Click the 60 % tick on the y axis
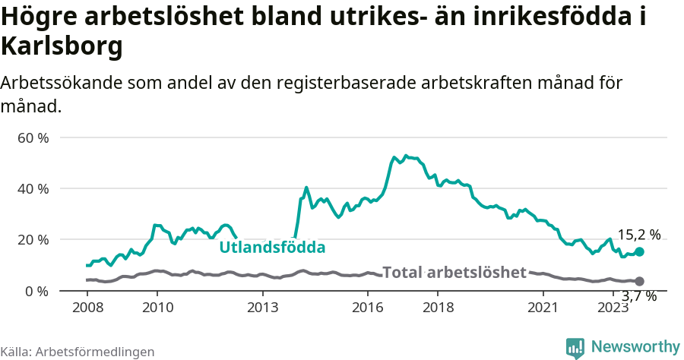[x=34, y=138]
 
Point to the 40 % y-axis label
[x=34, y=189]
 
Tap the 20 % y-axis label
[x=34, y=240]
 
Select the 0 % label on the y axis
[x=38, y=291]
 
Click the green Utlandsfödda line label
[x=272, y=248]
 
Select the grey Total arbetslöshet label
[x=454, y=273]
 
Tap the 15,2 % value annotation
[x=638, y=235]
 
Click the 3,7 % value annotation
[x=639, y=296]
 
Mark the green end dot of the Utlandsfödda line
[x=639, y=251]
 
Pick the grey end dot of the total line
[x=639, y=281]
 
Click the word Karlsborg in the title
[x=62, y=47]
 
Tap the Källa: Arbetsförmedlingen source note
[x=78, y=352]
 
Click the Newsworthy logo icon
[x=575, y=348]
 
